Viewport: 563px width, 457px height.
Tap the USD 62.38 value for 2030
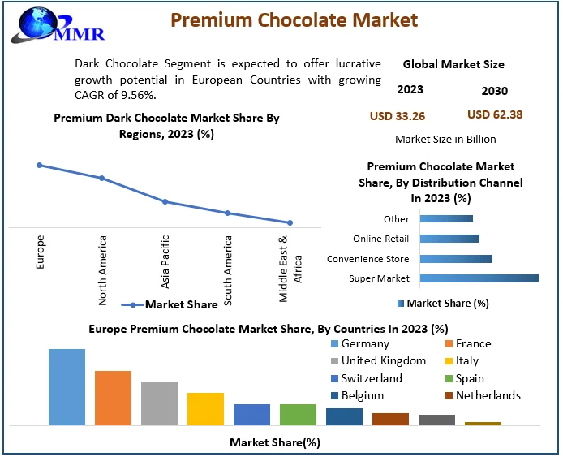click(495, 114)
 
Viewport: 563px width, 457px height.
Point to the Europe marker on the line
click(39, 165)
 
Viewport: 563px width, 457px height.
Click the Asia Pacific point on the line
click(165, 201)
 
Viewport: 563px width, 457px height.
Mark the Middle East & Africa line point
click(290, 222)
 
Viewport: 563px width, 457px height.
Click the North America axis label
click(103, 270)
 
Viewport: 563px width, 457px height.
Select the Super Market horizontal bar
click(479, 278)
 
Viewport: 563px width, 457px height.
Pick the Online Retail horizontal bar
click(449, 239)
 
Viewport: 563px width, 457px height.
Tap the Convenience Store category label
click(367, 259)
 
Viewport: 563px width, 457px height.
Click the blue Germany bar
click(67, 386)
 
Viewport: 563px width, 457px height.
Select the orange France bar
click(113, 397)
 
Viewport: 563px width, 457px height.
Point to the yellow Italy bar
click(205, 408)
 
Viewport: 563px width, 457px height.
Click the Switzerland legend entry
click(372, 378)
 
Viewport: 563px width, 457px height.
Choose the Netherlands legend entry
click(488, 395)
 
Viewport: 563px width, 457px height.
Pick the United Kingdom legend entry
click(383, 360)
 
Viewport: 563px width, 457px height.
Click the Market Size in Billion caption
click(445, 140)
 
